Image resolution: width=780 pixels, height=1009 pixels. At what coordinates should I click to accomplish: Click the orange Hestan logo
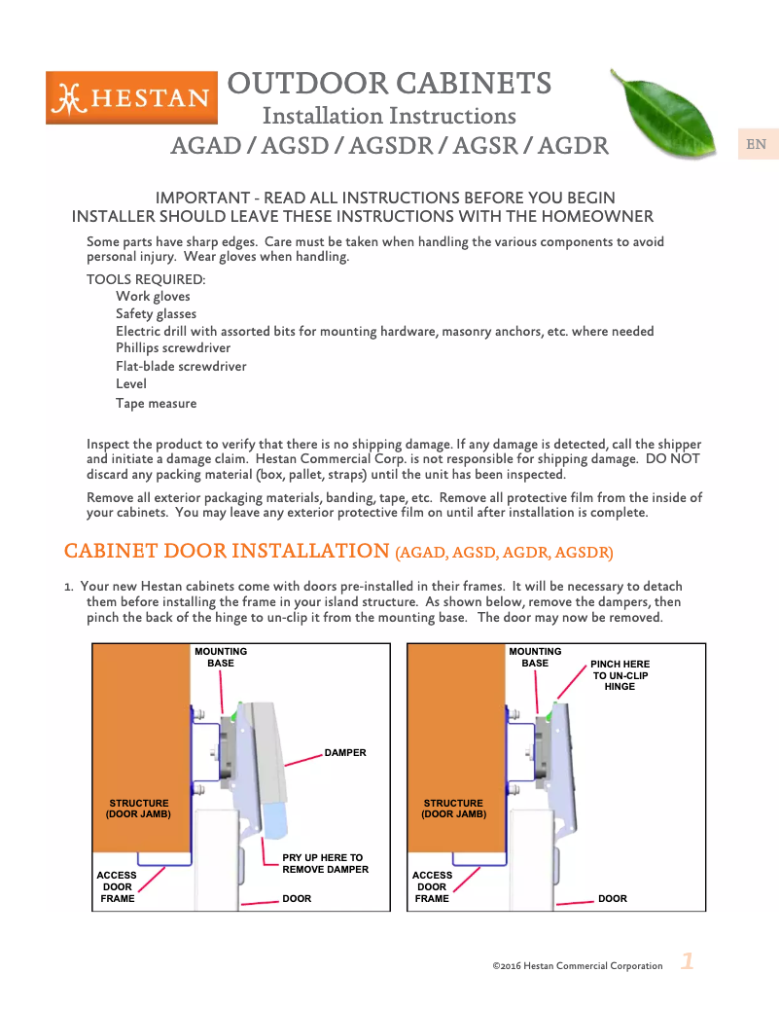131,97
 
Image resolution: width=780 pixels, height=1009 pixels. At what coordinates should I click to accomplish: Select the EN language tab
756,144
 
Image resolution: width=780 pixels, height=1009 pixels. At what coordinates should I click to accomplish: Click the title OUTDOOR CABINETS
389,83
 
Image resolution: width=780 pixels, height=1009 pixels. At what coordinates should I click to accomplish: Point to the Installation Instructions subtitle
389,116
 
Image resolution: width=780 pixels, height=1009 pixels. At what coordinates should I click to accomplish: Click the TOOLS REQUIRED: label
146,279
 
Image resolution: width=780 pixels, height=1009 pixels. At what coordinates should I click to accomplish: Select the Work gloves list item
153,297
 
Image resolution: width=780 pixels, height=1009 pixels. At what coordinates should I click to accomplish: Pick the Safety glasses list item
156,314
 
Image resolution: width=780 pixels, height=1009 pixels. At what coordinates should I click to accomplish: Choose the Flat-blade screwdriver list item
181,367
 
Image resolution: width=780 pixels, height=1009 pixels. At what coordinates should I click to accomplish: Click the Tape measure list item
156,403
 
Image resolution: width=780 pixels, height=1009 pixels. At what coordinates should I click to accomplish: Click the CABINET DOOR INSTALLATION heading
227,551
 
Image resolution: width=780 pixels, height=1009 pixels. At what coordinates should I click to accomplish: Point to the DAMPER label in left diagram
345,753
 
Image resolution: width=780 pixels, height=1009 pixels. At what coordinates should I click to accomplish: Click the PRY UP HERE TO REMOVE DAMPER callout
325,864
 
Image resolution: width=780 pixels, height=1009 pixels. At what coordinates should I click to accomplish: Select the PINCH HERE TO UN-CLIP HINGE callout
620,675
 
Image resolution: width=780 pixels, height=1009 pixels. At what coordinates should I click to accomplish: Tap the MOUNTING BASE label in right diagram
535,658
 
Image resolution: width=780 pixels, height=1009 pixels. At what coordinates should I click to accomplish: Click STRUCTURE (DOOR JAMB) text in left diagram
138,809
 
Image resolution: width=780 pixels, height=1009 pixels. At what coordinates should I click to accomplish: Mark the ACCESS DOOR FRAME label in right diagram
432,886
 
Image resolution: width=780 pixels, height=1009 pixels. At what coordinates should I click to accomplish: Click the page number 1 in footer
687,962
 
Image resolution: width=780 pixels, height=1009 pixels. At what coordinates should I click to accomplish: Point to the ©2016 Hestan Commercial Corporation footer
578,966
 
